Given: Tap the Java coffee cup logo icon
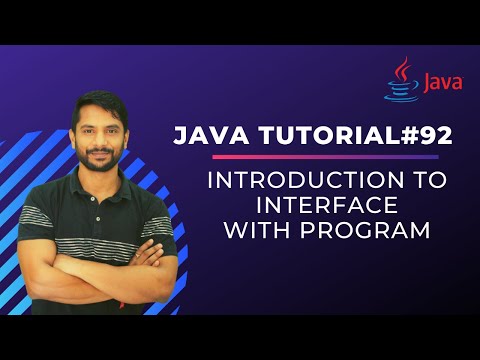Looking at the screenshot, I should click(x=402, y=80).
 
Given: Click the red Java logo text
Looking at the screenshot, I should click(x=441, y=83).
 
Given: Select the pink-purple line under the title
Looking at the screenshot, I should click(x=325, y=157).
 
